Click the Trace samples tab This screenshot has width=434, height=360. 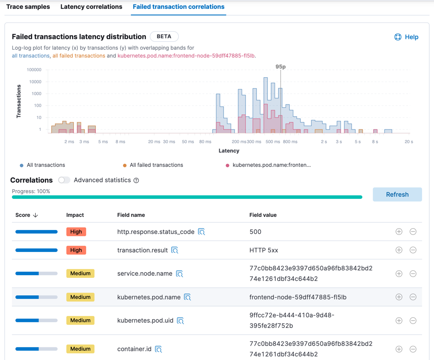pos(28,7)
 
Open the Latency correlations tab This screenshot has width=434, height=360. pos(91,7)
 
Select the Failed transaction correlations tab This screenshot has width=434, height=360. pos(178,7)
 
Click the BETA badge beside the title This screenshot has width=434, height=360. pos(164,36)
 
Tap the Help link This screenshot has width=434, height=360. pos(406,37)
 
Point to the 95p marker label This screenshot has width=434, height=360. pos(281,67)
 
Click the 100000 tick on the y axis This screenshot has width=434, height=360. pos(34,70)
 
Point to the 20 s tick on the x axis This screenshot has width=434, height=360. pos(409,142)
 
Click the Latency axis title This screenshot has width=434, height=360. pos(229,151)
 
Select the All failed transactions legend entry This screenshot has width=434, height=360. pos(156,165)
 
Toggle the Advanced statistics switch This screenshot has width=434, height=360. pos(64,180)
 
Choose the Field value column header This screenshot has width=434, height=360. pos(263,215)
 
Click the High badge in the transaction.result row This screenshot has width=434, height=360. pos(76,250)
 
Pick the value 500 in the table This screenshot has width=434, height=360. pos(255,232)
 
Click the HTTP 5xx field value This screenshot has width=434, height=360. pos(264,250)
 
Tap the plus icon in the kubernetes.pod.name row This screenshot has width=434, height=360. pos(399,297)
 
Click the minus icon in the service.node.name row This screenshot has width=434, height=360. pos(413,274)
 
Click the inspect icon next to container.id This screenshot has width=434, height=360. pos(159,349)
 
